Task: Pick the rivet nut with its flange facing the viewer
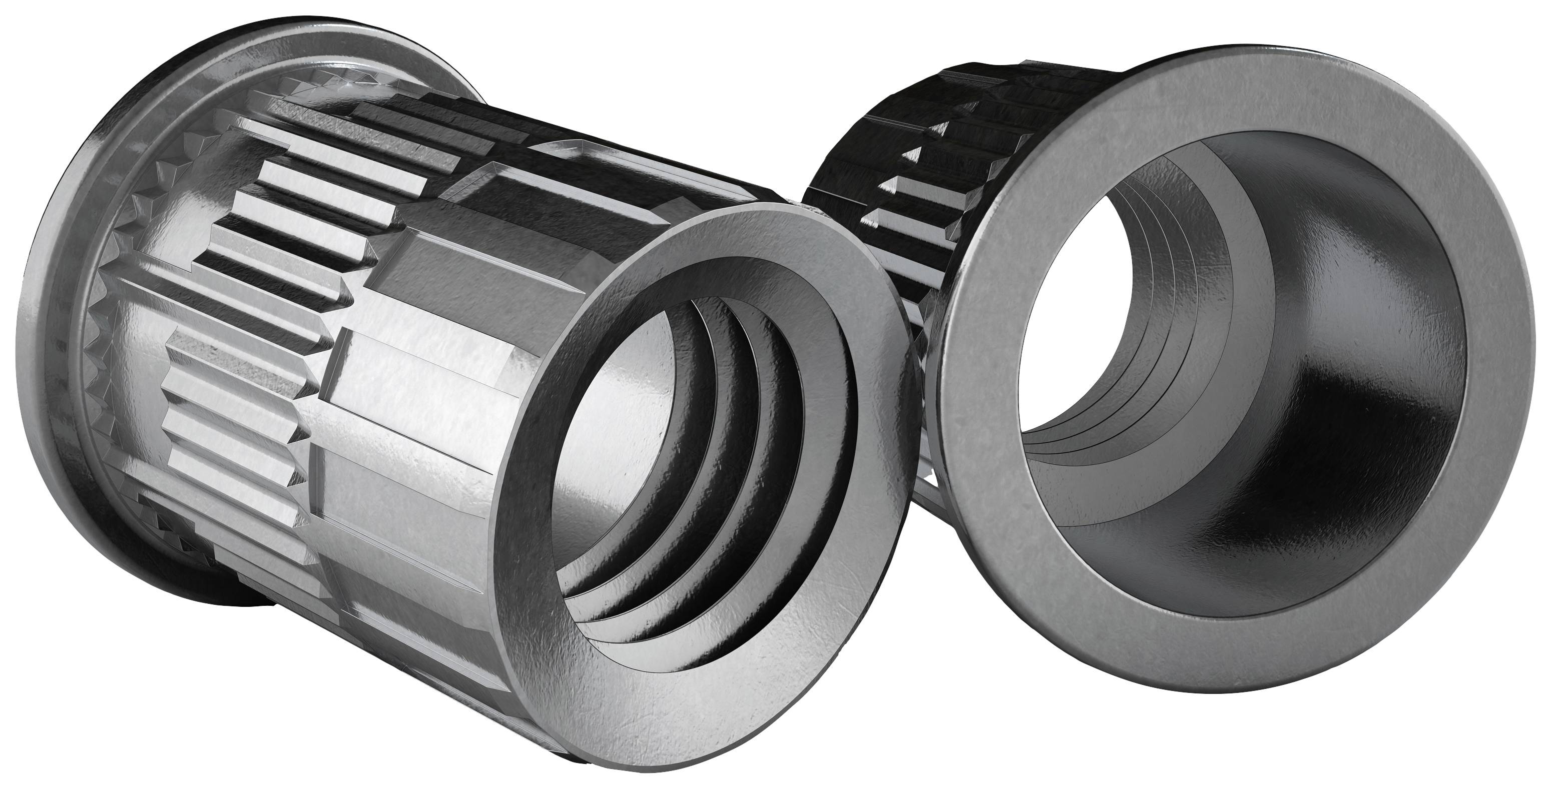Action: [1205, 391]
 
